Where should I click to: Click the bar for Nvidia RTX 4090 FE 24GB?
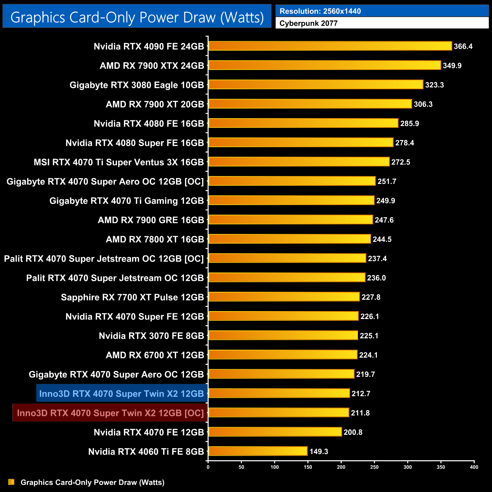(x=330, y=46)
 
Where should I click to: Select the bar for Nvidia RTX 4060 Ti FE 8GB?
(x=258, y=451)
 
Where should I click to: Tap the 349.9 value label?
(x=452, y=65)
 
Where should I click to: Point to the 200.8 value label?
(x=353, y=432)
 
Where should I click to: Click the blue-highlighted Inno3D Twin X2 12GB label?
(x=121, y=394)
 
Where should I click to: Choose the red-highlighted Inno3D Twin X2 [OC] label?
(x=110, y=413)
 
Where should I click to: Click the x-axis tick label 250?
(x=374, y=467)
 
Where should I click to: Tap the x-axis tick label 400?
(x=474, y=467)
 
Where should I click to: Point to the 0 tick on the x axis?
(x=208, y=467)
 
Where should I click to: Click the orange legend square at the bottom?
(x=11, y=482)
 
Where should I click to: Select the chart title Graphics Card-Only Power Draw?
(x=137, y=17)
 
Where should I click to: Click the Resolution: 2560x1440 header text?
(x=320, y=11)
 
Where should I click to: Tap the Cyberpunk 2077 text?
(x=308, y=23)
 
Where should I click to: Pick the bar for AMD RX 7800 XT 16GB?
(x=290, y=239)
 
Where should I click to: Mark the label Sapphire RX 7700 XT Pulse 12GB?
(x=132, y=297)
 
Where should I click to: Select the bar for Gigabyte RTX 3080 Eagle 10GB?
(x=316, y=84)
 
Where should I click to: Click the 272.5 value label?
(x=401, y=162)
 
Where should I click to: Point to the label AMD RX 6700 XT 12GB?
(x=155, y=355)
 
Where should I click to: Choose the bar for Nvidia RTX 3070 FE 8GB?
(x=283, y=335)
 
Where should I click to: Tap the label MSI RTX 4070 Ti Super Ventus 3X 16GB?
(x=119, y=162)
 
